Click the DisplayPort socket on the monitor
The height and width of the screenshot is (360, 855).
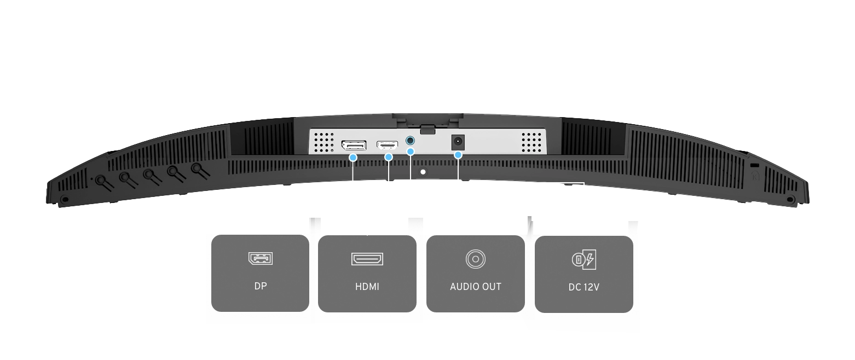[x=354, y=146]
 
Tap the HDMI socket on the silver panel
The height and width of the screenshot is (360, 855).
[x=387, y=145]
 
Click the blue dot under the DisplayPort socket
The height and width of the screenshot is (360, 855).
[x=353, y=158]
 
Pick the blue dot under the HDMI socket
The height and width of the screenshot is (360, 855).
[x=389, y=158]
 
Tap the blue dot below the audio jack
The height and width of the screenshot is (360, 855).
[x=411, y=151]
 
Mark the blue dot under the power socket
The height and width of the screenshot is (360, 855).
[x=458, y=155]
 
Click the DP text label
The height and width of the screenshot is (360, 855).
[x=261, y=286]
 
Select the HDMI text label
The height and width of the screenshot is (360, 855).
[x=367, y=286]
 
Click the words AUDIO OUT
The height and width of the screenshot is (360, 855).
[x=475, y=286]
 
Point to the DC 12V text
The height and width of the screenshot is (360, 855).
[x=584, y=287]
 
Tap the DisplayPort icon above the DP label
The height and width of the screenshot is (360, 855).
[x=261, y=258]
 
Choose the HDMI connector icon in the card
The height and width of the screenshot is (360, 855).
[x=367, y=258]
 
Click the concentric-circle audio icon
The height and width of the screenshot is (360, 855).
[x=475, y=258]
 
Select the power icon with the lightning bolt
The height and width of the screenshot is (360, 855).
[x=584, y=259]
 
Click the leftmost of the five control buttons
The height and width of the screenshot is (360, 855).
[x=101, y=180]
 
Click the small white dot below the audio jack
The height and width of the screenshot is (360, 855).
[x=423, y=172]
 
